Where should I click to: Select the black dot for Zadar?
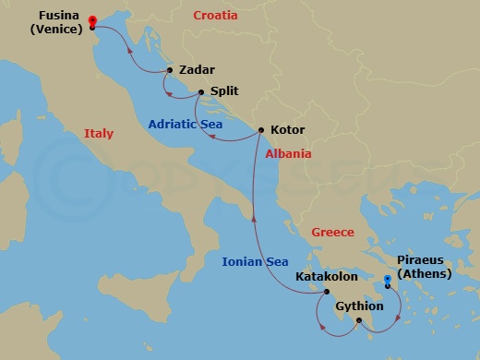(170, 70)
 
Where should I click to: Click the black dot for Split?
(200, 91)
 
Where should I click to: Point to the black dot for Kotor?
(260, 130)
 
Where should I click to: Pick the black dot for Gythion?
(358, 320)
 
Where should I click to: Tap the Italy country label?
(99, 134)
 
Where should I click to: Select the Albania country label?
(289, 154)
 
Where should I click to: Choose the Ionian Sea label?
(255, 262)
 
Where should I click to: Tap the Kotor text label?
(287, 130)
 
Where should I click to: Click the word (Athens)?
(423, 274)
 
